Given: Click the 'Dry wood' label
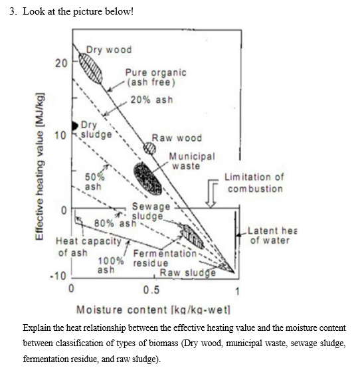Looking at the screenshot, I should pyautogui.click(x=110, y=50).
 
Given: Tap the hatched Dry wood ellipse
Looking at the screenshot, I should pyautogui.click(x=92, y=66).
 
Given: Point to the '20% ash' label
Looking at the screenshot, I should pyautogui.click(x=151, y=100).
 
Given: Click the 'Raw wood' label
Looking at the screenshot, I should pyautogui.click(x=177, y=138).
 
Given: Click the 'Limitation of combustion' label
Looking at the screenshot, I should pyautogui.click(x=254, y=183).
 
